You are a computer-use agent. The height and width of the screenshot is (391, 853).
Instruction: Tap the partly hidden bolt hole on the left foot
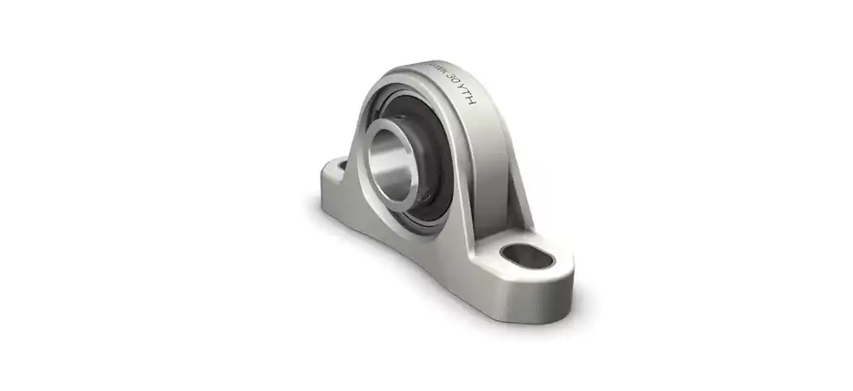pyautogui.click(x=342, y=162)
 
